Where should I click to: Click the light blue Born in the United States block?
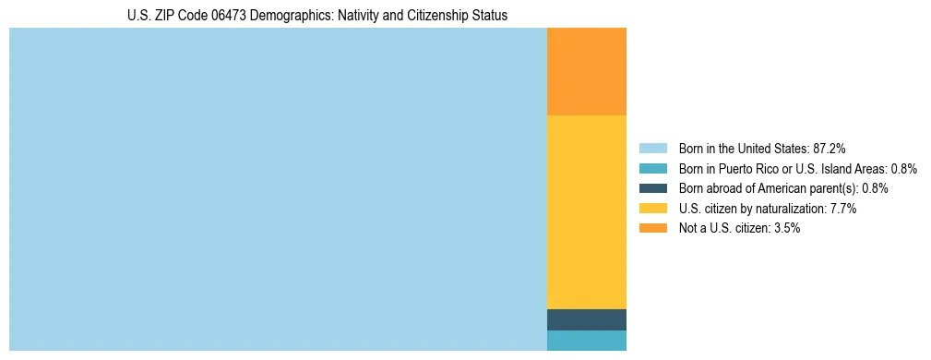pyautogui.click(x=277, y=189)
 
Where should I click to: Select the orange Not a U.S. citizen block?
pyautogui.click(x=587, y=71)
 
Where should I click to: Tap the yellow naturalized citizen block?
pyautogui.click(x=587, y=211)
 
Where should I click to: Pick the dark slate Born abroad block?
pyautogui.click(x=587, y=319)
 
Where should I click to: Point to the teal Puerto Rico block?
pyautogui.click(x=587, y=341)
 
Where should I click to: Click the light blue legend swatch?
pyautogui.click(x=652, y=148)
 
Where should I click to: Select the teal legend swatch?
pyautogui.click(x=652, y=168)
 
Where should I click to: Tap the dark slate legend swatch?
pyautogui.click(x=652, y=188)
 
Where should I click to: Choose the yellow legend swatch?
pyautogui.click(x=652, y=209)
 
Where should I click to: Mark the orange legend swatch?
pyautogui.click(x=652, y=229)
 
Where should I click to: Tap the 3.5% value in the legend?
pyautogui.click(x=784, y=229)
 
